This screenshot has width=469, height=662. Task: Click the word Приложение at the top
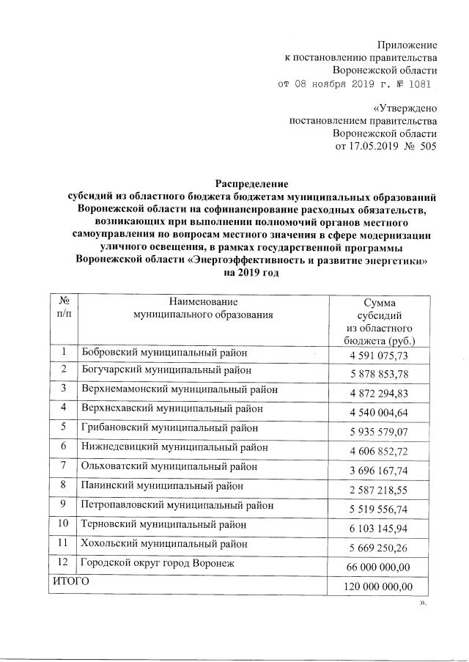(x=407, y=45)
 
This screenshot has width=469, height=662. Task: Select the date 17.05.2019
(x=368, y=147)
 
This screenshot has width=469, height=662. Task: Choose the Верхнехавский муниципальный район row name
(x=172, y=408)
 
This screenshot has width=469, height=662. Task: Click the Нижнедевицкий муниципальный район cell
(x=174, y=446)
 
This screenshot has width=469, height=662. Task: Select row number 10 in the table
(x=64, y=524)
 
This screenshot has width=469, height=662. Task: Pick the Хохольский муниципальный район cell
(x=164, y=544)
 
